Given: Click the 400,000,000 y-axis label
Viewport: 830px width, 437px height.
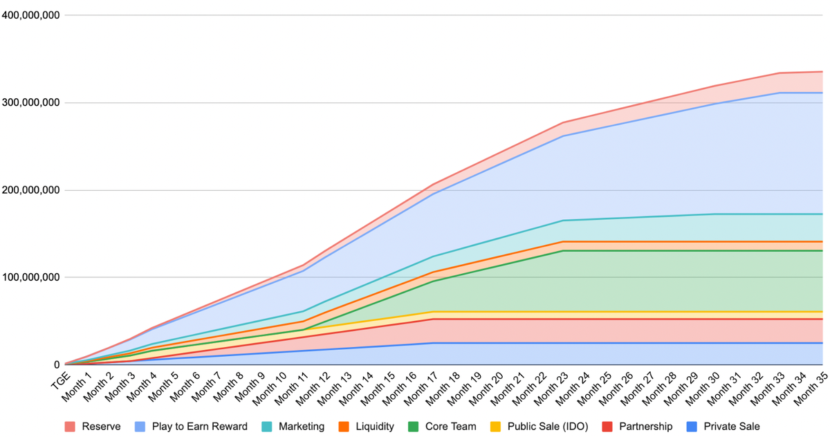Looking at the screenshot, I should (x=30, y=15).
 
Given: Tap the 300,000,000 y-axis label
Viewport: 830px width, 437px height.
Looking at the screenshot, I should (x=30, y=103).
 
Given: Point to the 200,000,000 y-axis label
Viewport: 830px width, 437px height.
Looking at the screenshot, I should (x=30, y=190).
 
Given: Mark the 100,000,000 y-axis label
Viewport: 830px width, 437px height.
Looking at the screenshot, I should (x=30, y=278).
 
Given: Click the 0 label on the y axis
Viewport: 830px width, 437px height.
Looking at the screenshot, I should (x=56, y=365).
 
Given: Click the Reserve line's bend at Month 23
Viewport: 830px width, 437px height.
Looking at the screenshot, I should (x=564, y=122).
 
